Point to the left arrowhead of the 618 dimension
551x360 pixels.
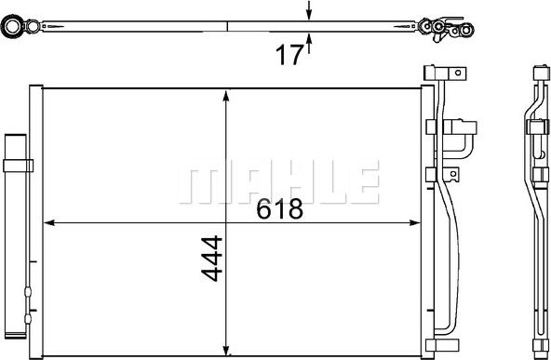(52, 222)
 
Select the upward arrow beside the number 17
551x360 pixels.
(310, 41)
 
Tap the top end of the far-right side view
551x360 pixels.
(538, 73)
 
